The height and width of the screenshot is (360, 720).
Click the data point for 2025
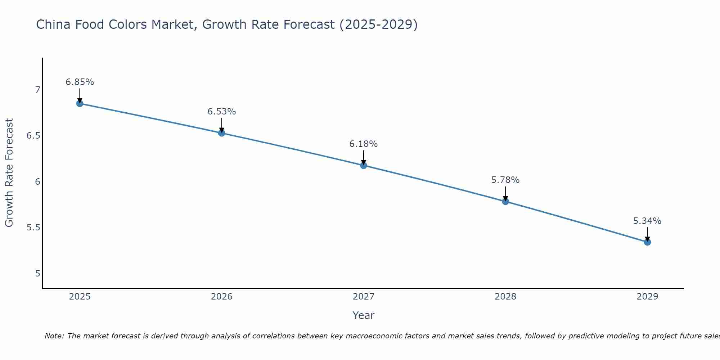point(80,104)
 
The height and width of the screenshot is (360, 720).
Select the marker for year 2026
point(222,133)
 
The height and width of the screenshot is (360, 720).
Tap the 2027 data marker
point(364,165)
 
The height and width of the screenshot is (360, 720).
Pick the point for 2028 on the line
point(505,201)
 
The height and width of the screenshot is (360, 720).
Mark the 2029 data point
point(647,242)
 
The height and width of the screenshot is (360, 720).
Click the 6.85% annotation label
point(80,82)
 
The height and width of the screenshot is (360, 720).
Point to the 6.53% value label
point(222,112)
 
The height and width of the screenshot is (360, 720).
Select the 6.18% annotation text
point(364,144)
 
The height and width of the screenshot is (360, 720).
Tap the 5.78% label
point(505,180)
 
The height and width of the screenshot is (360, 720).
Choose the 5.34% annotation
point(647,221)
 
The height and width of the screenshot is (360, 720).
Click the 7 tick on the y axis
point(37,90)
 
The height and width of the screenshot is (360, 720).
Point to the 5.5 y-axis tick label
point(33,228)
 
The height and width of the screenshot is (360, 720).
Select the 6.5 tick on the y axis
point(33,136)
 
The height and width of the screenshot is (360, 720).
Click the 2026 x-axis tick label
point(222,297)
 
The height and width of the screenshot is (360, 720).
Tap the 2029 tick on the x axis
point(647,297)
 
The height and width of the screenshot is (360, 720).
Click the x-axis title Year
point(364,315)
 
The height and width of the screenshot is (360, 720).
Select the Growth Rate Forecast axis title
point(9,173)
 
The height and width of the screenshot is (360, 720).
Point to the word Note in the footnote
point(54,336)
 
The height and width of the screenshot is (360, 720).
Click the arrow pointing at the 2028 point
point(505,193)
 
